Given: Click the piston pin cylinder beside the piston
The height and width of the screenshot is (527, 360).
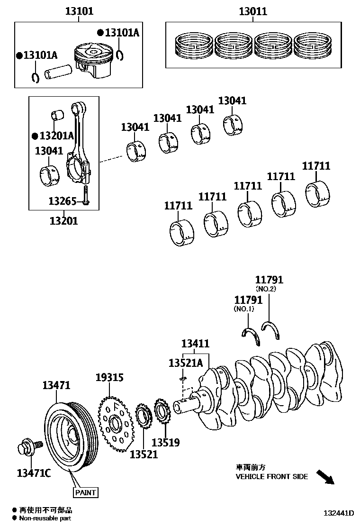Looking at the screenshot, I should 57,72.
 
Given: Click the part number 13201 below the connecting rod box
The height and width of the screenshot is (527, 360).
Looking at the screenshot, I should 63,220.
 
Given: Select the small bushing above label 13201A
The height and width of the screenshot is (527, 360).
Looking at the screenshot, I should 57,115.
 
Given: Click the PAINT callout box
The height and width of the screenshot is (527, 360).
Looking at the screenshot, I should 85,492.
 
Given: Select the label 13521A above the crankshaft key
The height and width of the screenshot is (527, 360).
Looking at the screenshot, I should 185,363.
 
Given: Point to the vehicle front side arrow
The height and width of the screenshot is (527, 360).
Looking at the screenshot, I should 324,477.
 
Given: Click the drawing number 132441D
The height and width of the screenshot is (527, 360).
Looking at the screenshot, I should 339,513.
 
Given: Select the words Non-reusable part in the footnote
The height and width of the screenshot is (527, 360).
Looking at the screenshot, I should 45,518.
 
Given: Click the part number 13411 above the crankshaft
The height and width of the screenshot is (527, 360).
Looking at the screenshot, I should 196,344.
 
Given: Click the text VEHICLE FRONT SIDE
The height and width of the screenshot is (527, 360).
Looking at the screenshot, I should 271,476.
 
